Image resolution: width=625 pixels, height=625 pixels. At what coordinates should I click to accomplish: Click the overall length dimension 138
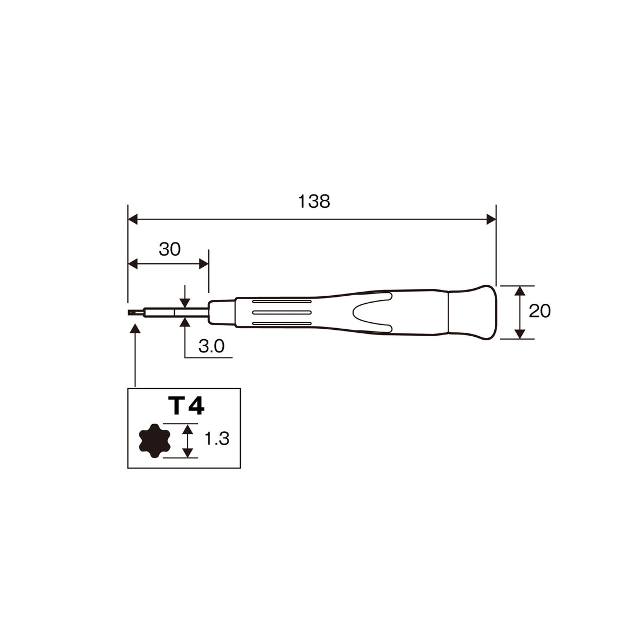[314, 202]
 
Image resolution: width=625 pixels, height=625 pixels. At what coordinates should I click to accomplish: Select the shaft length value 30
[170, 249]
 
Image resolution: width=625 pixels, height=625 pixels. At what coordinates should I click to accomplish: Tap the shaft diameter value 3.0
[211, 346]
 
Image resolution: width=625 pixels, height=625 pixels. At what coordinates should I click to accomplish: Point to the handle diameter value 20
[540, 311]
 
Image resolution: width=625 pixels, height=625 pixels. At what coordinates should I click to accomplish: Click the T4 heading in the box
[186, 406]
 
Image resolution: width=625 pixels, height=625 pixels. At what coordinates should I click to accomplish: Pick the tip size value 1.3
[217, 439]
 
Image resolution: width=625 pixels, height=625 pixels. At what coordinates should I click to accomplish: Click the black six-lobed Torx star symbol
[155, 440]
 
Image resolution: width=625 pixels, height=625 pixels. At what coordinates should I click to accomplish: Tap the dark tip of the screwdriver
[135, 313]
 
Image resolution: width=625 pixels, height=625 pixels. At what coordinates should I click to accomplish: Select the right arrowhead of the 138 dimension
[491, 219]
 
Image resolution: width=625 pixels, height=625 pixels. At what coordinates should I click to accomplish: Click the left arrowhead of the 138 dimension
[133, 219]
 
